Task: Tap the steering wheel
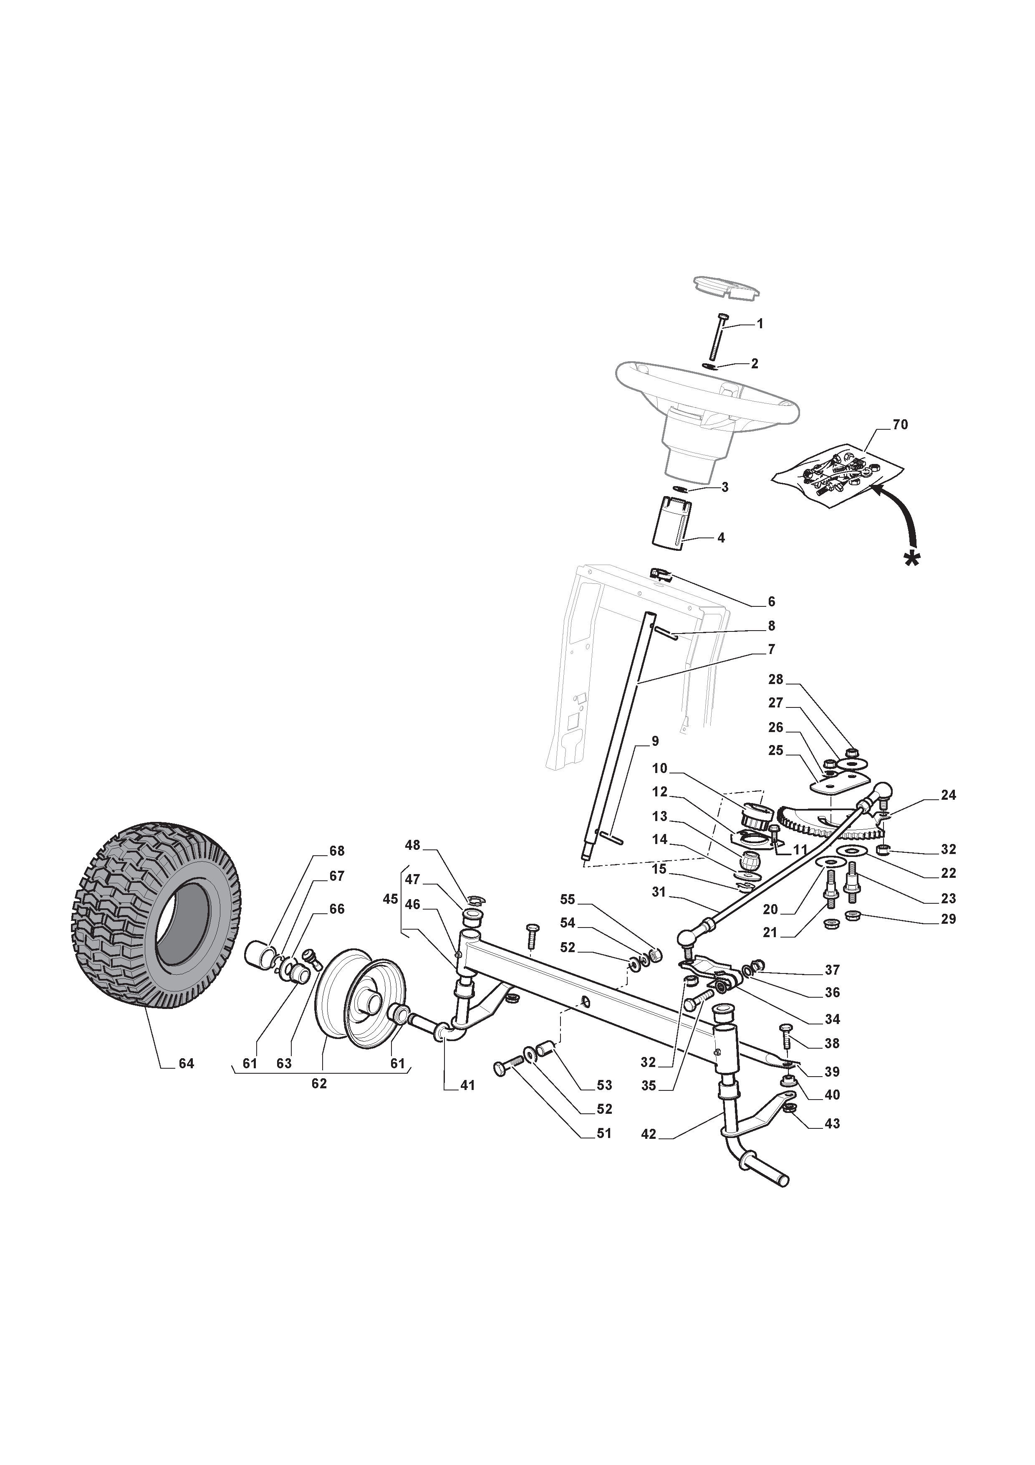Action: [x=706, y=415]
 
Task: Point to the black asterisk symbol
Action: [x=913, y=558]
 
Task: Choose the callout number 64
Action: [x=186, y=1064]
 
